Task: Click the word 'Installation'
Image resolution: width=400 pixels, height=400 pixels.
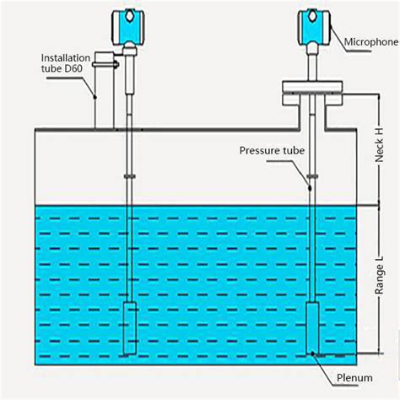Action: pyautogui.click(x=65, y=58)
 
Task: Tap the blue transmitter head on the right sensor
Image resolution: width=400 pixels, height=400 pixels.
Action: pyautogui.click(x=310, y=24)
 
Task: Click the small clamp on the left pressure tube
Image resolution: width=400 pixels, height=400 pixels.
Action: pyautogui.click(x=128, y=176)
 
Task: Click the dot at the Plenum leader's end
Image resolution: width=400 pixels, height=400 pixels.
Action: pyautogui.click(x=311, y=354)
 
